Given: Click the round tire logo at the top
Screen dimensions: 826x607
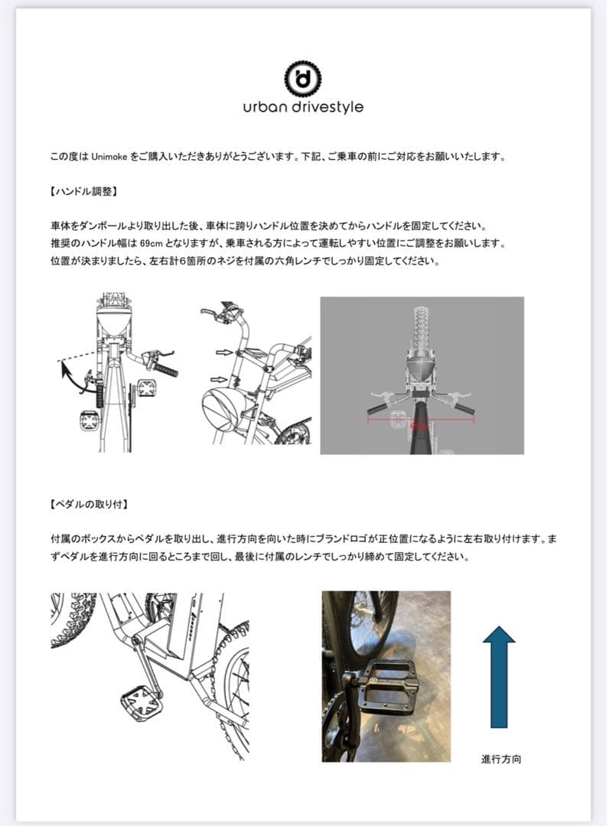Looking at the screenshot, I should tap(303, 77).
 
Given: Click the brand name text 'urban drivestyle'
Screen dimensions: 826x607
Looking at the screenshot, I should tap(303, 107).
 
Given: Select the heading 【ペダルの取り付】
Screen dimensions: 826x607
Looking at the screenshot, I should tap(88, 505).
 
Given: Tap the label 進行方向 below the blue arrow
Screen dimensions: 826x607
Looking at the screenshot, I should tap(501, 759).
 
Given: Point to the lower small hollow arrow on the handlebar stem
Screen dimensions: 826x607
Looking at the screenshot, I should tap(218, 379).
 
